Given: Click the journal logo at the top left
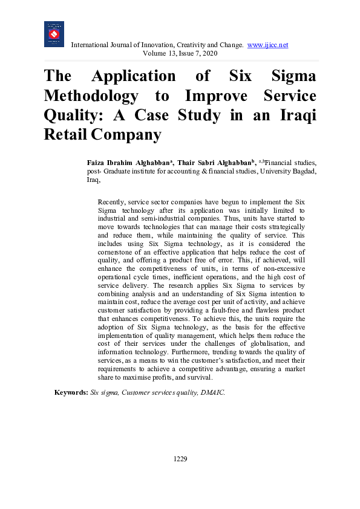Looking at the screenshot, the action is pyautogui.click(x=54, y=34).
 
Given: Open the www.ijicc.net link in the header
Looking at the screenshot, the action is pyautogui.click(x=267, y=45).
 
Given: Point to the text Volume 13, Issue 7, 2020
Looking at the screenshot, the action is pyautogui.click(x=180, y=53).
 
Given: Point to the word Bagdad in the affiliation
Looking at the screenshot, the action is pyautogui.click(x=301, y=171).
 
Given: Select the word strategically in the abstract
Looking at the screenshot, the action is pyautogui.click(x=285, y=226).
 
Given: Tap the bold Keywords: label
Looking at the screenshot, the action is pyautogui.click(x=71, y=392).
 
